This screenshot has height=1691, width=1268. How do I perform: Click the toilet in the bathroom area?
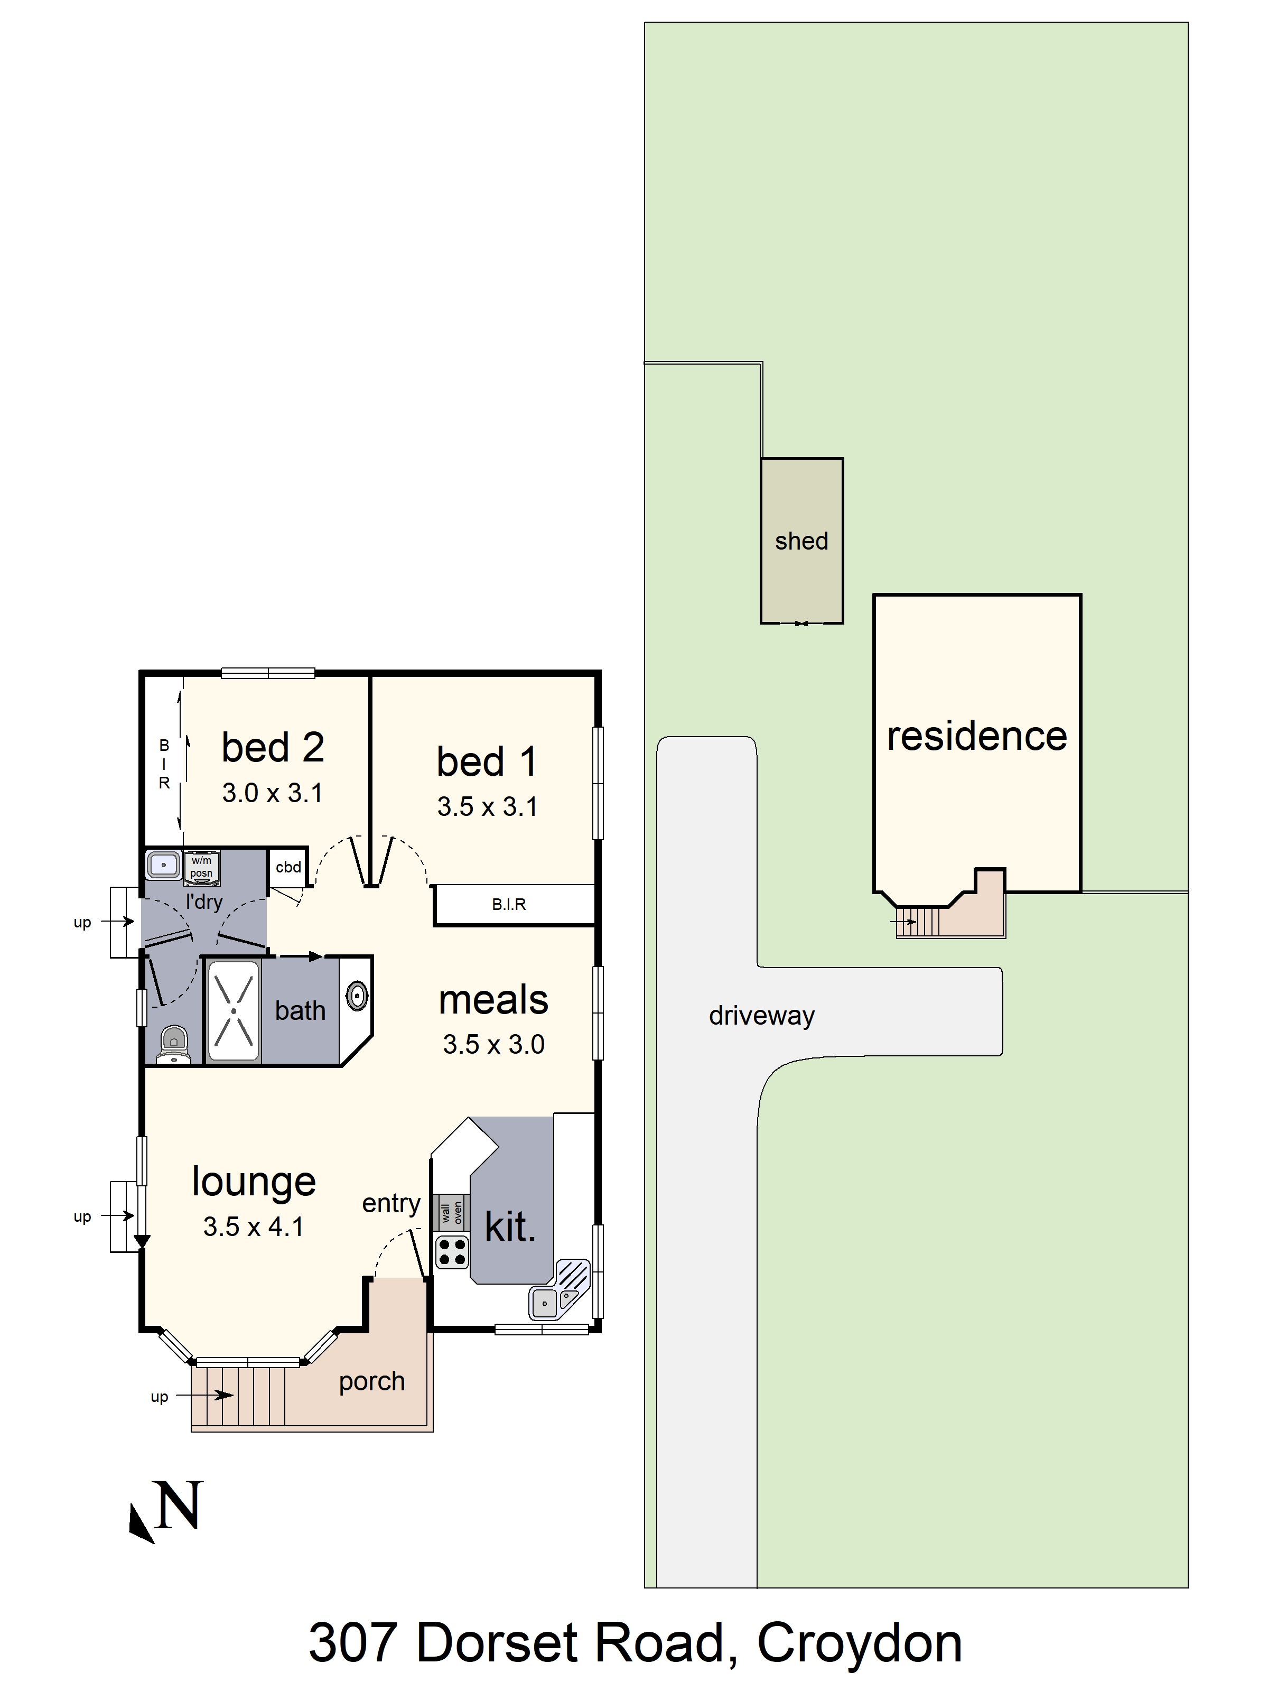[174, 1044]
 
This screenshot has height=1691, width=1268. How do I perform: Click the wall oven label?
[452, 1212]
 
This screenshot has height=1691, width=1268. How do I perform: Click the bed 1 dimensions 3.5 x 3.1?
[487, 806]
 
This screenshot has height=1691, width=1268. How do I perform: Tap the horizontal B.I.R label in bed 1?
[509, 904]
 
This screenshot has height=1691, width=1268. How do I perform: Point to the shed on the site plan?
[801, 541]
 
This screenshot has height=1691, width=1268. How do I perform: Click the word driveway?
[761, 1015]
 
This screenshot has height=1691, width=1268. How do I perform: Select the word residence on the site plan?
[976, 736]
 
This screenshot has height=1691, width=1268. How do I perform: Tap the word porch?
[371, 1381]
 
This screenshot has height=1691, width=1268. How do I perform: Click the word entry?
[390, 1203]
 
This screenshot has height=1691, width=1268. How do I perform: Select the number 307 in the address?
[352, 1643]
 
